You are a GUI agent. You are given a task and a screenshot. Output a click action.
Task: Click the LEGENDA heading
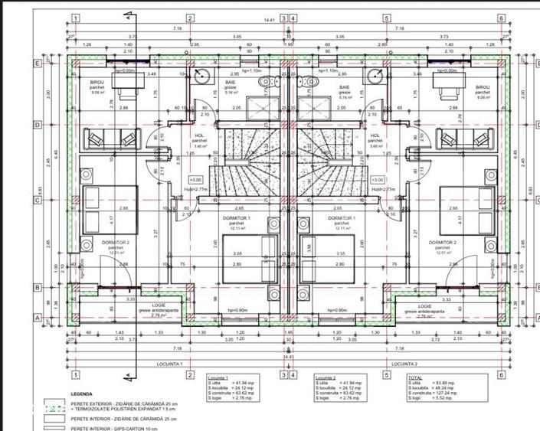[82, 394]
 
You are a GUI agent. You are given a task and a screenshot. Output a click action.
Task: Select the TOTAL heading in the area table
[414, 377]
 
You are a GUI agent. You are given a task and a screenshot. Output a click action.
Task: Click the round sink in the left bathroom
[201, 75]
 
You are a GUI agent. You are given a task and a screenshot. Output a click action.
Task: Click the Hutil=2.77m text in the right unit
[382, 188]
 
